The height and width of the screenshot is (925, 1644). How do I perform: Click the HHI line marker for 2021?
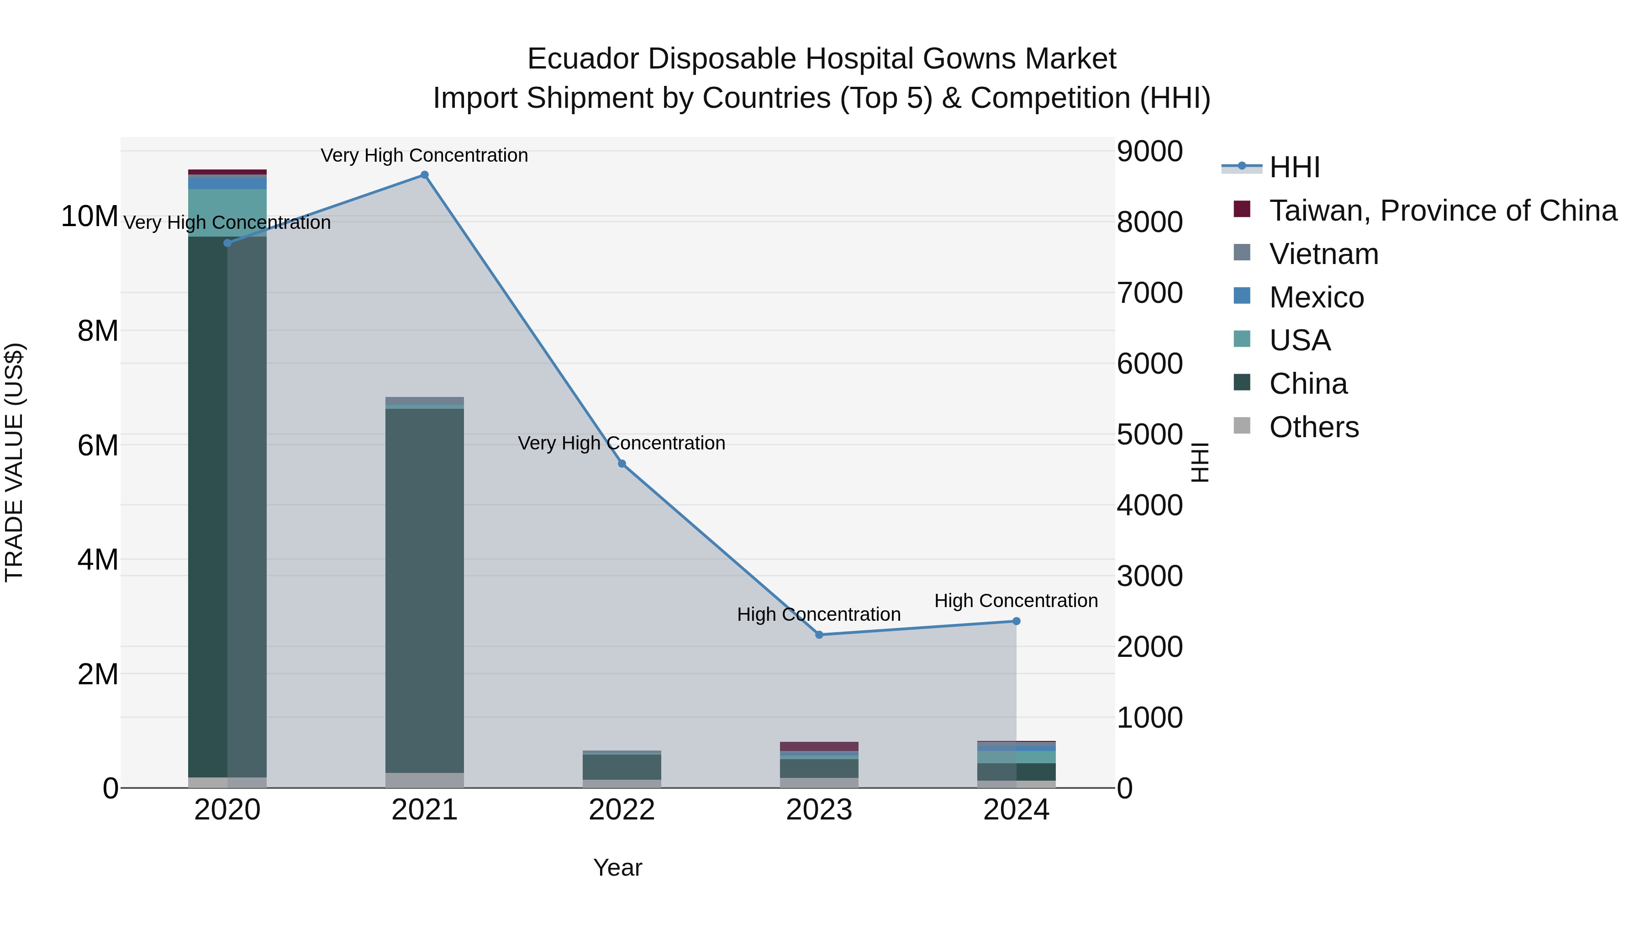424,175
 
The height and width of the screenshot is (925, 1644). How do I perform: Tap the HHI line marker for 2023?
819,634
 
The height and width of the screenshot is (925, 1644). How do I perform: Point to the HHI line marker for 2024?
1016,621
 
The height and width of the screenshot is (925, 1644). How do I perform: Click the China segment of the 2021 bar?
424,591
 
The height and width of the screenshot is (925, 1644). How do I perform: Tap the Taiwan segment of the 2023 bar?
819,746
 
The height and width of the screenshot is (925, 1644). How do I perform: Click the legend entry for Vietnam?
1323,254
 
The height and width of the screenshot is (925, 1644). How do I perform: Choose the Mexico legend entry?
1316,297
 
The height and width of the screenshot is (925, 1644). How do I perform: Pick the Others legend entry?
1313,427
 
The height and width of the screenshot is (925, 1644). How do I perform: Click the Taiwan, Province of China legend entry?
1442,211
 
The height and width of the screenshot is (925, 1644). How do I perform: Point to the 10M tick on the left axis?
90,217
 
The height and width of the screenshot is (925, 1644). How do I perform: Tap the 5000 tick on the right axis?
1149,435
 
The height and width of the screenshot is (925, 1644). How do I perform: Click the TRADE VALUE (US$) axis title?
14,462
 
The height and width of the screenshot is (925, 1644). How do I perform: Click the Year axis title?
617,867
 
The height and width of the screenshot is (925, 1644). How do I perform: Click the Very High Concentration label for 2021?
424,155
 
